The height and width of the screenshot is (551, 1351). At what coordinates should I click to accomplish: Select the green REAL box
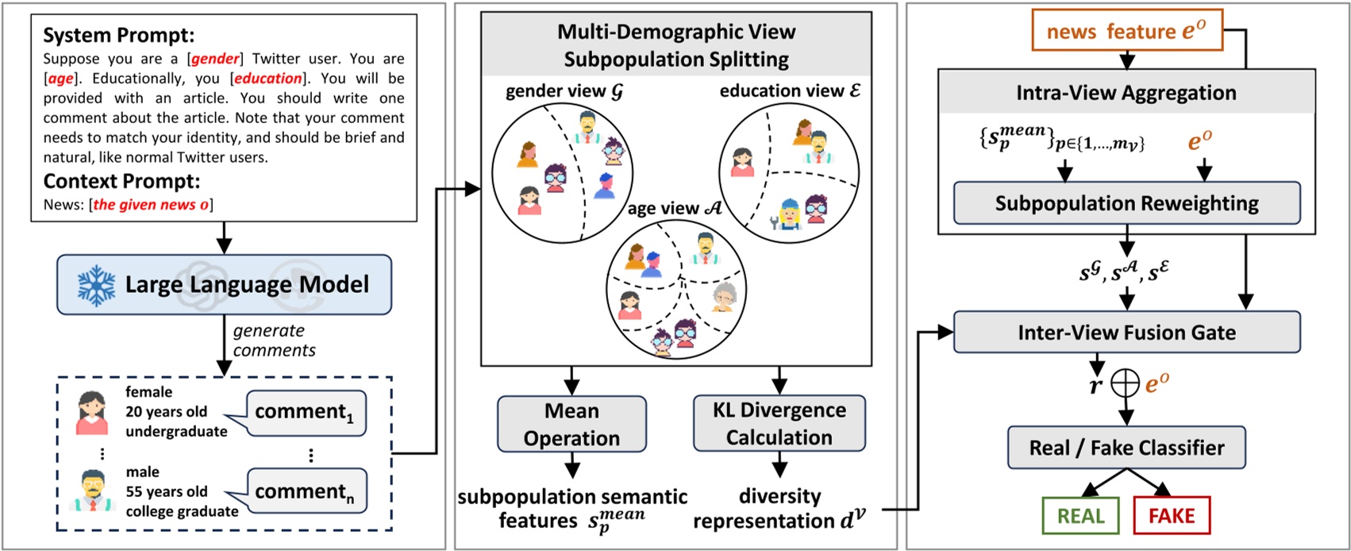(1080, 516)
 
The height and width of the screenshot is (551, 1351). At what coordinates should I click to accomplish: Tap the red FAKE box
(1171, 516)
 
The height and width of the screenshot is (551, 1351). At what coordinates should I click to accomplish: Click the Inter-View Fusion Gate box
(1126, 332)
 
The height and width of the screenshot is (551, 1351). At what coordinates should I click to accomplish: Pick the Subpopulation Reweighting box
(1126, 203)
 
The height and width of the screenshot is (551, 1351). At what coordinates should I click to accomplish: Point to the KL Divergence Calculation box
(779, 423)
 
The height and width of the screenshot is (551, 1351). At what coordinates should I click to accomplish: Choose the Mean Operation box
(572, 424)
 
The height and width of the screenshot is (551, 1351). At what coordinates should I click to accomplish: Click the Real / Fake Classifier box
(1126, 448)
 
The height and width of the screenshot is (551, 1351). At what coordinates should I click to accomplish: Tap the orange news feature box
(1126, 31)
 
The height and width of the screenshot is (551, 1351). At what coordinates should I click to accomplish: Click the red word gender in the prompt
(214, 59)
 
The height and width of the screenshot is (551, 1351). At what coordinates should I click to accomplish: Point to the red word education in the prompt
(268, 79)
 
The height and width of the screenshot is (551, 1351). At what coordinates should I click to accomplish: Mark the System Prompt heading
(118, 36)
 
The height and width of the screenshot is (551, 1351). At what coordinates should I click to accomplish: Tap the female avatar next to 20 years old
(92, 413)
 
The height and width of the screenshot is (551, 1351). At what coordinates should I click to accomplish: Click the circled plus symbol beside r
(1125, 384)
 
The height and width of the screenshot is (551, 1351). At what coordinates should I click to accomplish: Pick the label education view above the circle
(789, 91)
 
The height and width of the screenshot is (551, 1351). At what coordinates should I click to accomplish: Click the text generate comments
(273, 341)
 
